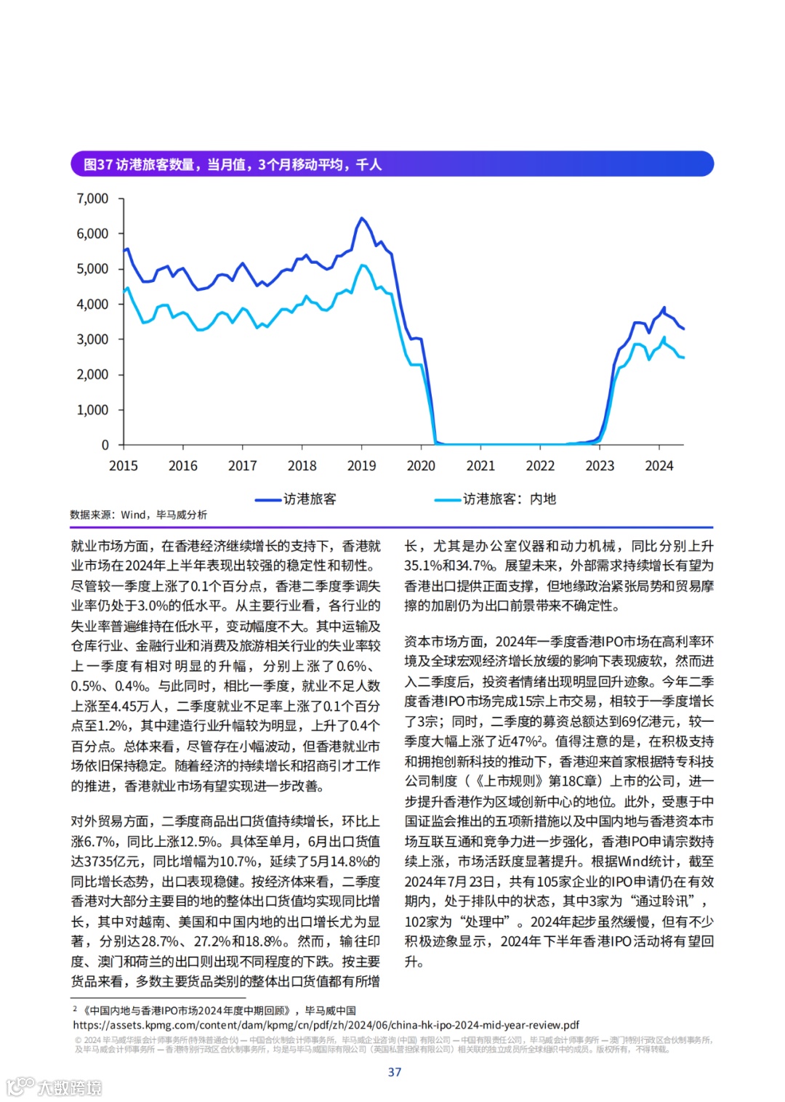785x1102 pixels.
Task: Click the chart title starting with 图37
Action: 233,164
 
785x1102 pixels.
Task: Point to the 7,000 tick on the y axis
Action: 92,198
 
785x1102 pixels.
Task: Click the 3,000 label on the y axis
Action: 92,339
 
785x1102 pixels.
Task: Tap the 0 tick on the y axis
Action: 105,445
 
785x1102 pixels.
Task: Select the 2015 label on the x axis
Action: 124,466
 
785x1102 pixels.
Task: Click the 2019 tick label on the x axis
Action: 361,466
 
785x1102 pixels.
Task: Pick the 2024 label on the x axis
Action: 659,466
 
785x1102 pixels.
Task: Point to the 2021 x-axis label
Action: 480,466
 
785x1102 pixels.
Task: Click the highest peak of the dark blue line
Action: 361,217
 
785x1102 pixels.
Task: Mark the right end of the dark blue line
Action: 683,329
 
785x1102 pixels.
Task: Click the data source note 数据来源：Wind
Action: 138,515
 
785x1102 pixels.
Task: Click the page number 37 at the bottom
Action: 395,1072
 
